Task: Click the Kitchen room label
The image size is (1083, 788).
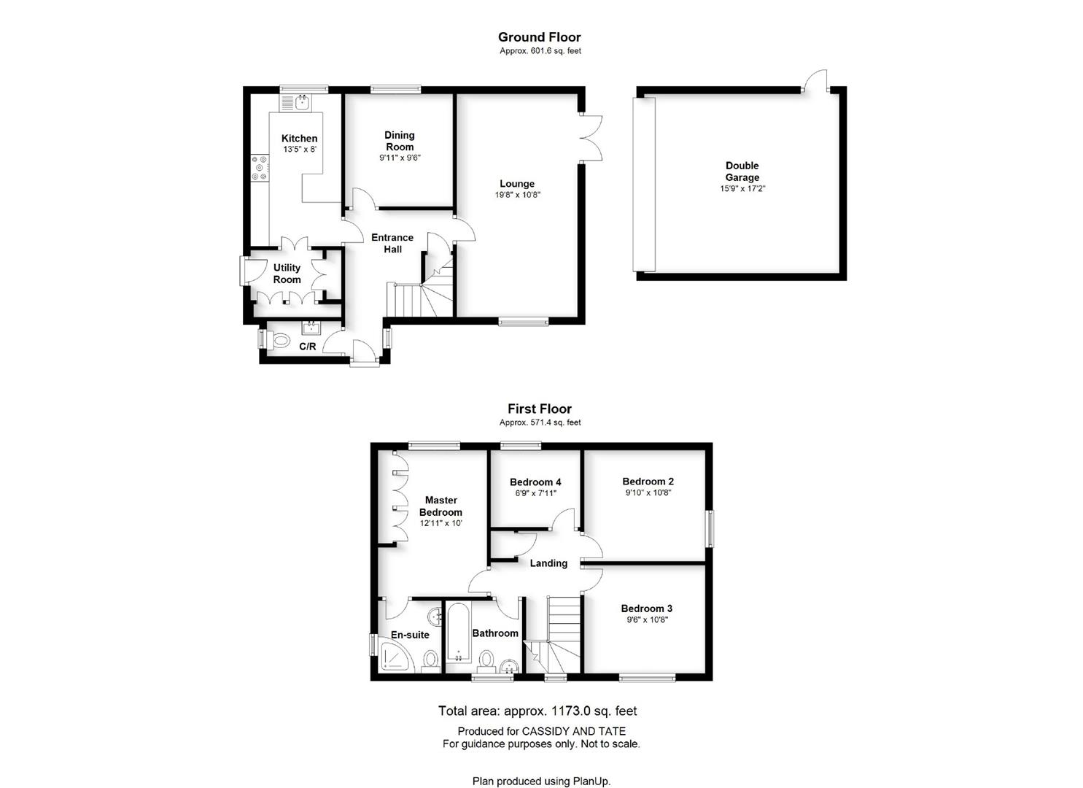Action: click(299, 139)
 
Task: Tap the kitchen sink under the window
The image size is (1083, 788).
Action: click(296, 103)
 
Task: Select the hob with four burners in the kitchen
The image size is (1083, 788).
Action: click(260, 168)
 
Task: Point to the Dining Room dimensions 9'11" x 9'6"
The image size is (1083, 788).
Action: click(400, 158)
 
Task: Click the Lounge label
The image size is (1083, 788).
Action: click(517, 184)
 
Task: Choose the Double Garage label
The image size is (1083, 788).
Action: click(742, 171)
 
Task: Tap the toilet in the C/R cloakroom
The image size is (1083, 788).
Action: click(278, 339)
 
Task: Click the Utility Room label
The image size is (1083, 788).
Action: click(287, 274)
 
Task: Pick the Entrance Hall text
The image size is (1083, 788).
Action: click(392, 243)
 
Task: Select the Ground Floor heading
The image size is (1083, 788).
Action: click(540, 37)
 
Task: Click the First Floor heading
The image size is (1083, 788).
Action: click(540, 409)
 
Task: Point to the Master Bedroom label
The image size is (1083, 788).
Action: click(440, 506)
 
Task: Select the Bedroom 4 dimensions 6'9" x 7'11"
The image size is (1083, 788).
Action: click(536, 493)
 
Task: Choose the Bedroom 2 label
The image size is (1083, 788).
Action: click(648, 482)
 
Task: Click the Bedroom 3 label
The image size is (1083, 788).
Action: click(647, 609)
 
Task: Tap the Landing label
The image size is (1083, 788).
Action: click(548, 563)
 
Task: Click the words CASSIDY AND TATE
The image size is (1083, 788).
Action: click(573, 731)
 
